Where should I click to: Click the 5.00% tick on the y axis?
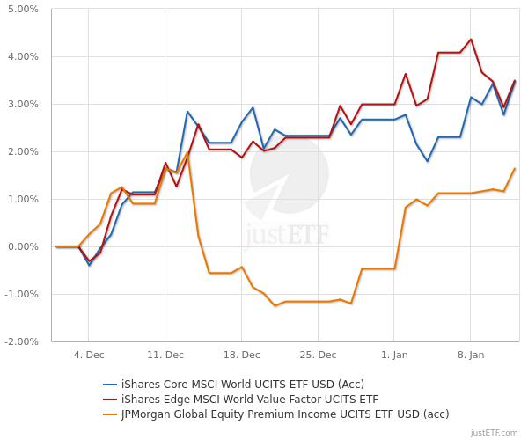22,10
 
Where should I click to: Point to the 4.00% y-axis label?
22,57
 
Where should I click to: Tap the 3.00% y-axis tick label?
22,105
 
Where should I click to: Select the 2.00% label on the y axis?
22,152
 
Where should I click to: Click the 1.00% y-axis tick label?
22,200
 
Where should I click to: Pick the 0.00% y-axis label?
22,247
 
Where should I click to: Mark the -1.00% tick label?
20,295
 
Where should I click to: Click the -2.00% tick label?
20,341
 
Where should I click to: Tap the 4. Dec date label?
89,355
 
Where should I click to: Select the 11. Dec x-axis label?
165,355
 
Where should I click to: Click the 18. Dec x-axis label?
242,355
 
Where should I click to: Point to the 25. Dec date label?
319,355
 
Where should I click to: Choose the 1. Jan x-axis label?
394,355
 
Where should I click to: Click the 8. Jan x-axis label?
471,355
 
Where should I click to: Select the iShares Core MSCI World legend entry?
242,384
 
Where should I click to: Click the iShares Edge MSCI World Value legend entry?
242,399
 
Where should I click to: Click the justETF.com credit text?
496,433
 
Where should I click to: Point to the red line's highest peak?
471,39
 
